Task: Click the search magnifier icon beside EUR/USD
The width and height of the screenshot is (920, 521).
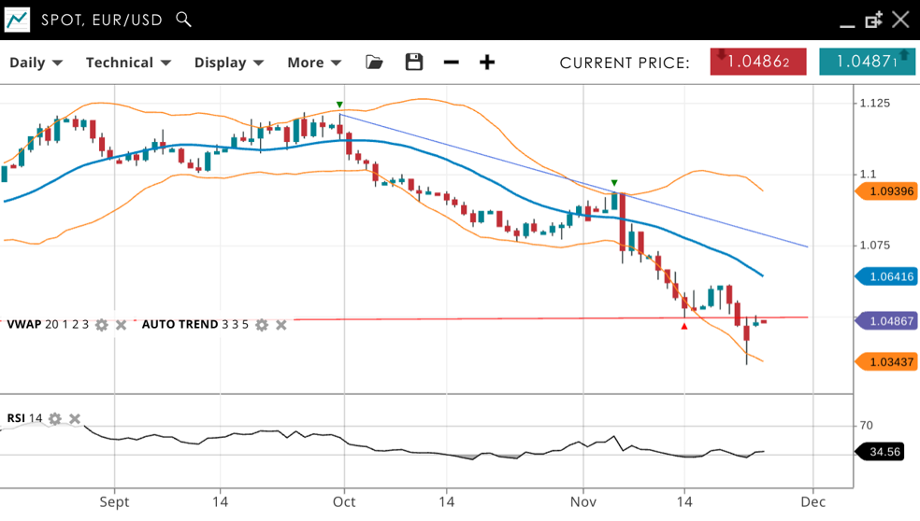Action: point(184,19)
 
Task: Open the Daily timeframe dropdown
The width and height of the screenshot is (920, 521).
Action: point(36,63)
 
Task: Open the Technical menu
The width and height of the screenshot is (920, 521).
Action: point(128,63)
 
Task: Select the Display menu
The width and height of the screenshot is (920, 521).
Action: point(229,63)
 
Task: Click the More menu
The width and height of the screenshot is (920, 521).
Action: point(314,63)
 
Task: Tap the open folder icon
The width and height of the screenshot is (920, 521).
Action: point(374,63)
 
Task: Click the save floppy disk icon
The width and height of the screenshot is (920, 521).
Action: point(414,63)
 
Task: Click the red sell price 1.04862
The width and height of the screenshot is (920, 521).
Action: point(758,62)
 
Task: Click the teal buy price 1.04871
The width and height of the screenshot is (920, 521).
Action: point(867,62)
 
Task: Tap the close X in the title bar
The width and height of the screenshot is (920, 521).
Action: point(900,19)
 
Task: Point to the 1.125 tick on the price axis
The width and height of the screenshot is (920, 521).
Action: point(875,103)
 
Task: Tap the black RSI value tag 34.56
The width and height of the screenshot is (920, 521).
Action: point(884,452)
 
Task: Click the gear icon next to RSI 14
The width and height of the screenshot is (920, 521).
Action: point(55,418)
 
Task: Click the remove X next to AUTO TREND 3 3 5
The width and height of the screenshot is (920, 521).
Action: point(281,325)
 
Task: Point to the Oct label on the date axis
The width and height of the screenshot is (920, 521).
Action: point(344,501)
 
